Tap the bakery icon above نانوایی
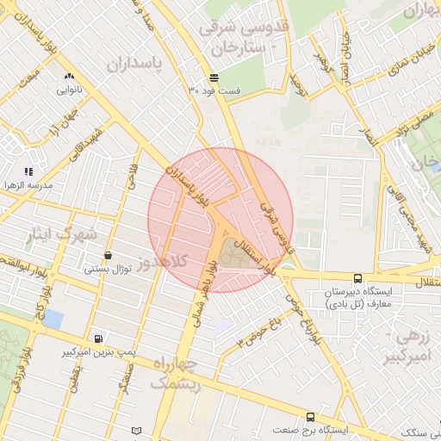(70, 76)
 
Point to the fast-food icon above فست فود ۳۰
(213, 78)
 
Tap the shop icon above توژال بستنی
(108, 256)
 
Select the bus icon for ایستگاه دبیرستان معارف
(357, 278)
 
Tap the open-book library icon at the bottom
(137, 430)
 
